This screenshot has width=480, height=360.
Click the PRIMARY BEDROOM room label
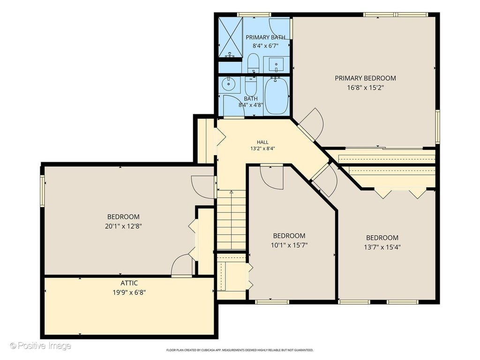tap(365, 78)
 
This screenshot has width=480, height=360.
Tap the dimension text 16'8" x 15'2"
tap(365, 88)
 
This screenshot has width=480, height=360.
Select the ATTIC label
tap(129, 283)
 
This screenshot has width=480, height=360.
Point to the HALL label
tap(262, 142)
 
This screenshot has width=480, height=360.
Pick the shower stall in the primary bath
tap(231, 37)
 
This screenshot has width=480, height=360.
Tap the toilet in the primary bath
tap(253, 63)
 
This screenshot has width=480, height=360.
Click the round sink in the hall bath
tap(228, 84)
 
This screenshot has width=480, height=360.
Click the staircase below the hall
tap(232, 220)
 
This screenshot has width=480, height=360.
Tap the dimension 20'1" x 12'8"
tap(123, 226)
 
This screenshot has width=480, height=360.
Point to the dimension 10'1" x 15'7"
tap(289, 245)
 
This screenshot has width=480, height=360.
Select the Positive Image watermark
tap(40, 346)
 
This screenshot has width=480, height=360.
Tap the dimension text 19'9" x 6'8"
tap(129, 292)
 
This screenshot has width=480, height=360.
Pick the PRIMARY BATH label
tap(265, 37)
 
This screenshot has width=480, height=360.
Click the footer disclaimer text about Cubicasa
tap(240, 350)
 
